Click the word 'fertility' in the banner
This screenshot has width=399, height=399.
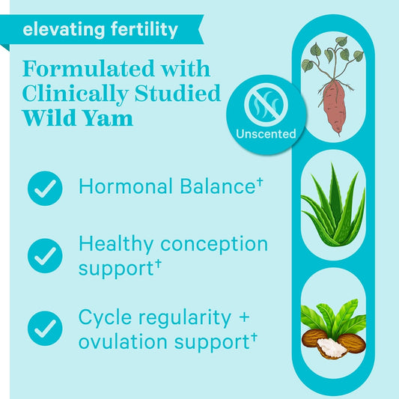click(x=140, y=30)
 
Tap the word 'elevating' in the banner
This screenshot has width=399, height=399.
click(x=60, y=30)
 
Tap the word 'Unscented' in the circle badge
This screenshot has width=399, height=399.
click(x=266, y=134)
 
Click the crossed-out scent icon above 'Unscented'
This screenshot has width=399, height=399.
click(x=266, y=106)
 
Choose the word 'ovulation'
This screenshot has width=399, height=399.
click(x=121, y=341)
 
